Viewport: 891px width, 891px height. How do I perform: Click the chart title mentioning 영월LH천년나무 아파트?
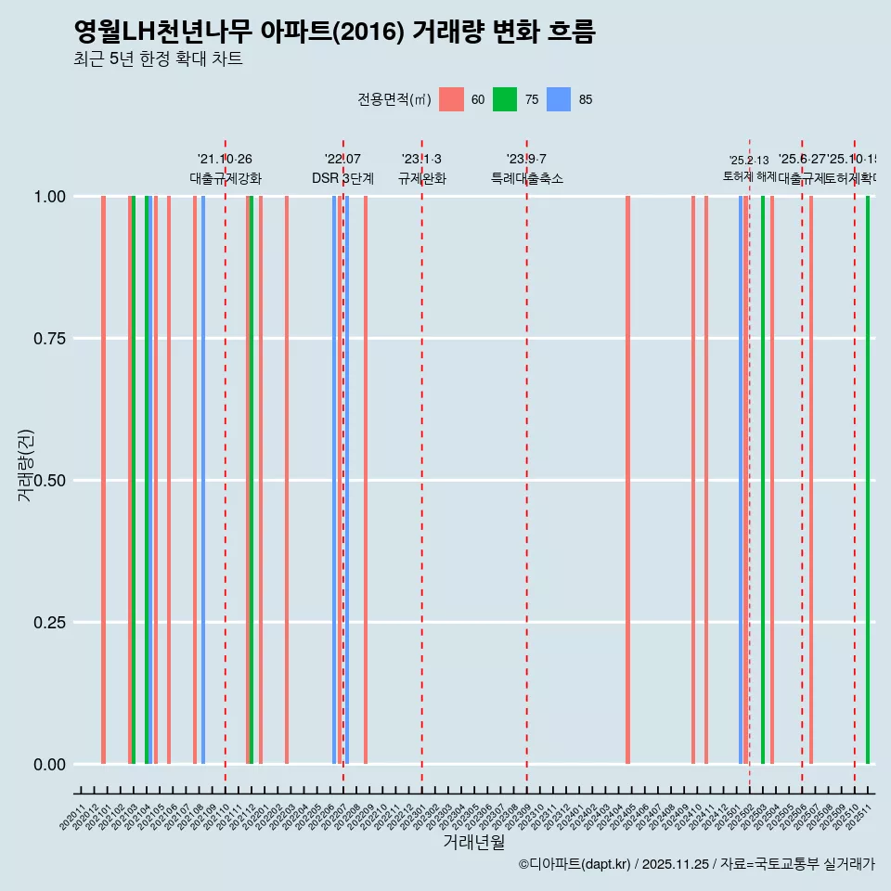[x=334, y=32]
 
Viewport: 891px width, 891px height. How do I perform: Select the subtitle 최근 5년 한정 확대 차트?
[x=158, y=59]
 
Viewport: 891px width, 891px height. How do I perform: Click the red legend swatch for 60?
[x=451, y=99]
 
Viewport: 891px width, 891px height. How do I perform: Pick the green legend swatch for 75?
[x=505, y=99]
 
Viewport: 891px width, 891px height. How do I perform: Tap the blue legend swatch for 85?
[x=559, y=99]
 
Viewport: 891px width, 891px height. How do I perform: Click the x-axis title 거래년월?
[x=473, y=842]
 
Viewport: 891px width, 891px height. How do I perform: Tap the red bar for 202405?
[x=628, y=480]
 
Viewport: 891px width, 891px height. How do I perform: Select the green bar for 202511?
[x=868, y=480]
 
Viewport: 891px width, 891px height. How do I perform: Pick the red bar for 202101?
[x=103, y=480]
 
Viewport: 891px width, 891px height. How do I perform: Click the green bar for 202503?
[x=763, y=480]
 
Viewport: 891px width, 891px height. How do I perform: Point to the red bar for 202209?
[x=366, y=480]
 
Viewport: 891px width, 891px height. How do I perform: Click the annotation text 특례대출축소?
[x=526, y=178]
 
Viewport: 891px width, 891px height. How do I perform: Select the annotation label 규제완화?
[x=421, y=178]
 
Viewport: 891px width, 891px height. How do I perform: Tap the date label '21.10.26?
[x=225, y=160]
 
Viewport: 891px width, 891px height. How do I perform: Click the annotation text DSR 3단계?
[x=342, y=178]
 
